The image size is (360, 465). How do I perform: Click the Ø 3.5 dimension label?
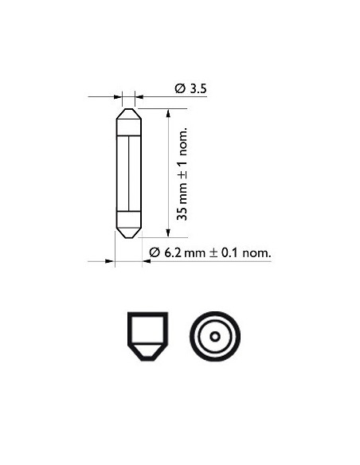click(190, 88)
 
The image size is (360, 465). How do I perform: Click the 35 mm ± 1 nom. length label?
click(182, 174)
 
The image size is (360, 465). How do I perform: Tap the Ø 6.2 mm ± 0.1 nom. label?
click(210, 252)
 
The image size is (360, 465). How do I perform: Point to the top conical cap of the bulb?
click(128, 114)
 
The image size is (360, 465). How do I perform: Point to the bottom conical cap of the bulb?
click(128, 233)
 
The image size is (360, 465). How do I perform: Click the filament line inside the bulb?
click(129, 174)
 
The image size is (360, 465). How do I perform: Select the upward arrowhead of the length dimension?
click(168, 114)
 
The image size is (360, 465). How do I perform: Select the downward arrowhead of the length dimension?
click(168, 232)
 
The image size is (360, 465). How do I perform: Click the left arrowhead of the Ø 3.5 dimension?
click(118, 96)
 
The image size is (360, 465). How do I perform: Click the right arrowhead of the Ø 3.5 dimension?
click(139, 96)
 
